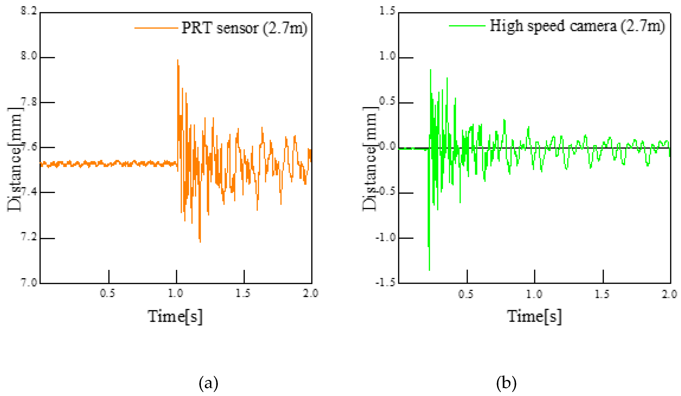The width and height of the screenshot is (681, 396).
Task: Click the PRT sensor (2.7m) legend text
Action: coord(244,28)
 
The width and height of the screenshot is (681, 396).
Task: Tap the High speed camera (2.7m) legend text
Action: coord(577,26)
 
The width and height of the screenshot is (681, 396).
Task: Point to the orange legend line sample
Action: coord(156,28)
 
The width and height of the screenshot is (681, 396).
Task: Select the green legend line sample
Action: coord(467,26)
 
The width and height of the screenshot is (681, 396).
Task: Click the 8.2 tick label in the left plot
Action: coord(29,11)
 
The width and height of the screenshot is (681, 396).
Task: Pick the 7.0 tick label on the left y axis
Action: coord(29,282)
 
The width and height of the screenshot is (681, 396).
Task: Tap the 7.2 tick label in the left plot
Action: coord(29,237)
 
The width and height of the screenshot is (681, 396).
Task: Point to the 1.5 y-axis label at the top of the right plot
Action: coord(387,11)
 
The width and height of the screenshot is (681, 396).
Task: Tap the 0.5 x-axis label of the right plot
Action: coord(466,294)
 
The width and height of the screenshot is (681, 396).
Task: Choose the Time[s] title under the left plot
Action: coord(175,316)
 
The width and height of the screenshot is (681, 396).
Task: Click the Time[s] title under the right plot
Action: coord(534,316)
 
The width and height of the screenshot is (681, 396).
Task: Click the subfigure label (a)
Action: coord(208,383)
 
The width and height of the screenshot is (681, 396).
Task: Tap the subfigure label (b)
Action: coord(506,383)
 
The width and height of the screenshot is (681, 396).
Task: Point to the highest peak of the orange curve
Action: coord(178,60)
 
